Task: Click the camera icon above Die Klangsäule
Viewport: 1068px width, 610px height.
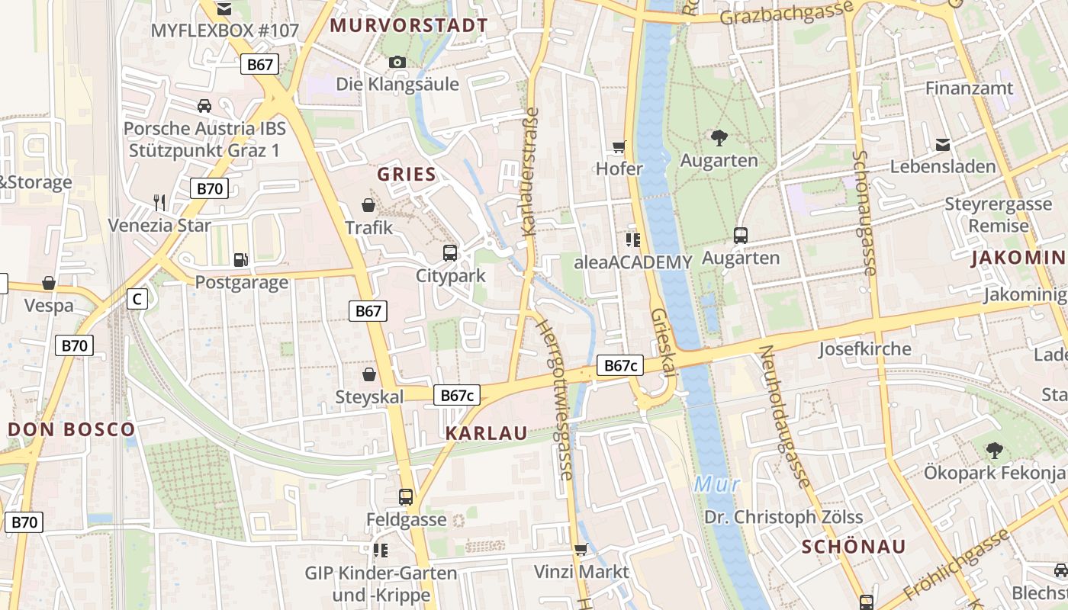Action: [x=397, y=62]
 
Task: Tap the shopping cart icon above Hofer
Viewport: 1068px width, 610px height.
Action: [x=619, y=146]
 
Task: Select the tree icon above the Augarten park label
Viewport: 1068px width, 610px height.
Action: [x=719, y=138]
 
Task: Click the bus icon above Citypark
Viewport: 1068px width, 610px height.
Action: [x=450, y=252]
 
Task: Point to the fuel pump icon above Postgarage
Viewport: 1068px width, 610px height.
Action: [x=241, y=260]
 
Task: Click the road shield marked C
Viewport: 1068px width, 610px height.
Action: [x=137, y=299]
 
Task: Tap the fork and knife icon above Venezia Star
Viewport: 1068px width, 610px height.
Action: [x=159, y=202]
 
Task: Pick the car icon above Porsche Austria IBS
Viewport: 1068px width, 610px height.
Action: [x=204, y=106]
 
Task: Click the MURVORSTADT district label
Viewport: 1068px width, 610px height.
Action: [x=408, y=25]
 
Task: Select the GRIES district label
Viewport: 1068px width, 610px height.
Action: [x=407, y=174]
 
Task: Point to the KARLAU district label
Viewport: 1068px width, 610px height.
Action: [x=486, y=433]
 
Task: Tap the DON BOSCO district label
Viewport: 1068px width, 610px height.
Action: [x=72, y=429]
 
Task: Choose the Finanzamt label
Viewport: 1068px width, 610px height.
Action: [x=969, y=88]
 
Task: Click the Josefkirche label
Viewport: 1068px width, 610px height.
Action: [x=864, y=349]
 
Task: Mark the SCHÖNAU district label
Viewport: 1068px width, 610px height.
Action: [x=854, y=546]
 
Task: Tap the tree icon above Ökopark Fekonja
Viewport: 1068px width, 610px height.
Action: [x=993, y=450]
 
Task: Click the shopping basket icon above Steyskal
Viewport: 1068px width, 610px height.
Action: [x=369, y=374]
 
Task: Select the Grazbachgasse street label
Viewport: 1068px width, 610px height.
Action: [x=787, y=13]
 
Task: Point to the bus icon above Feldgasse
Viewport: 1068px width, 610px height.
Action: [x=406, y=497]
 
